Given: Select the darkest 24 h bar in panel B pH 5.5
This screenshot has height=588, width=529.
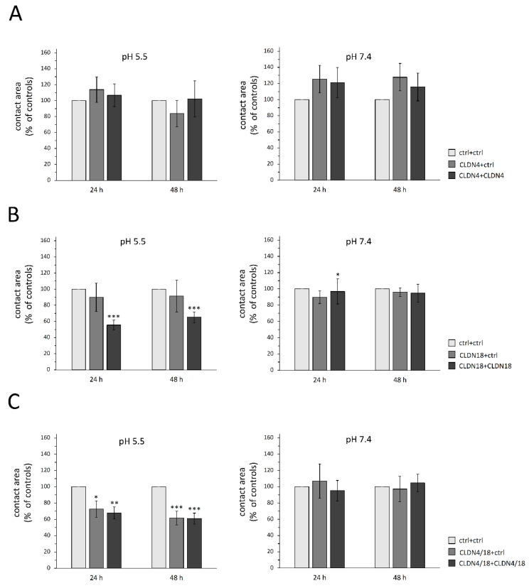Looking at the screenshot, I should click(114, 347).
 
